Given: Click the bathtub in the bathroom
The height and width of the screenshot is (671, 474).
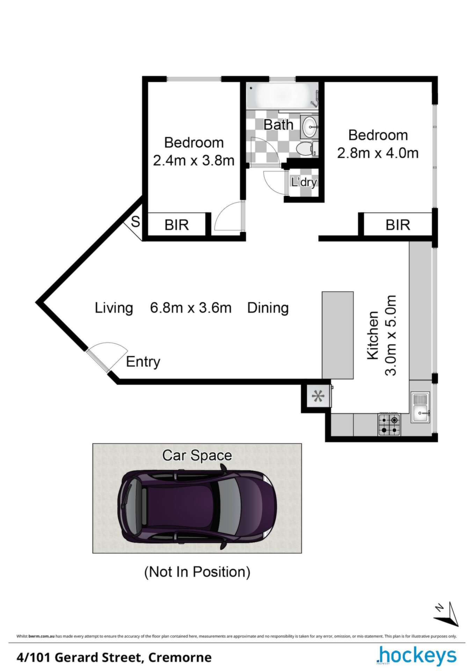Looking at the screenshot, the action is click(x=282, y=95).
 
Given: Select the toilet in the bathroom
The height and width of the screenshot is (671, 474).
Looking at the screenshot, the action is click(x=307, y=149).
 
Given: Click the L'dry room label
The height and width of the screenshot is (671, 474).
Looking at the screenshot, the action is click(x=304, y=182).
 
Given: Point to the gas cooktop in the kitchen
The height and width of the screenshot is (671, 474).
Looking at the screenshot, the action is click(x=389, y=424).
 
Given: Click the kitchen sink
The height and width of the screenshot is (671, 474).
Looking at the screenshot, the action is click(x=421, y=407).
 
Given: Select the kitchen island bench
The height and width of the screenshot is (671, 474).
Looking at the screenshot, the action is click(x=337, y=335).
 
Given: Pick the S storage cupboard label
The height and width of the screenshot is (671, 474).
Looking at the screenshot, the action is click(x=135, y=222).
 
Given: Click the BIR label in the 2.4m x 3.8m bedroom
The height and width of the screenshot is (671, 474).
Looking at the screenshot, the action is click(x=176, y=225).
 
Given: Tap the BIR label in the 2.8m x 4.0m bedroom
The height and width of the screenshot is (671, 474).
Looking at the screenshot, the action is click(x=398, y=225).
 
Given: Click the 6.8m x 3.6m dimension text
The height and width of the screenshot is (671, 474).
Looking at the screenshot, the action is click(x=191, y=308).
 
